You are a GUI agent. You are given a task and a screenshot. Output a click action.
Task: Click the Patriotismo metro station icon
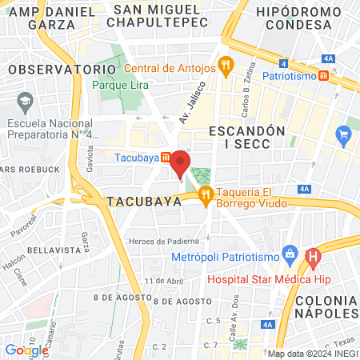point(323,75)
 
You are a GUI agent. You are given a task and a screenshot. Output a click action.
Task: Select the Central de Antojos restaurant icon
point(226,68)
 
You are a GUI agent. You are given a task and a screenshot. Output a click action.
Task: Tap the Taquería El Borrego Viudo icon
point(205,192)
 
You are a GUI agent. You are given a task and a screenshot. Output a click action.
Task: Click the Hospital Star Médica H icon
point(313,258)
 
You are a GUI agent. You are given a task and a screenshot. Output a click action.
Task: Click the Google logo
point(26,350)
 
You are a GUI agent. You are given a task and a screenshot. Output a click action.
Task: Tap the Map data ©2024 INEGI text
point(311,354)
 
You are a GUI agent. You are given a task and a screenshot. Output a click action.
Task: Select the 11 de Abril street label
point(163,281)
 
